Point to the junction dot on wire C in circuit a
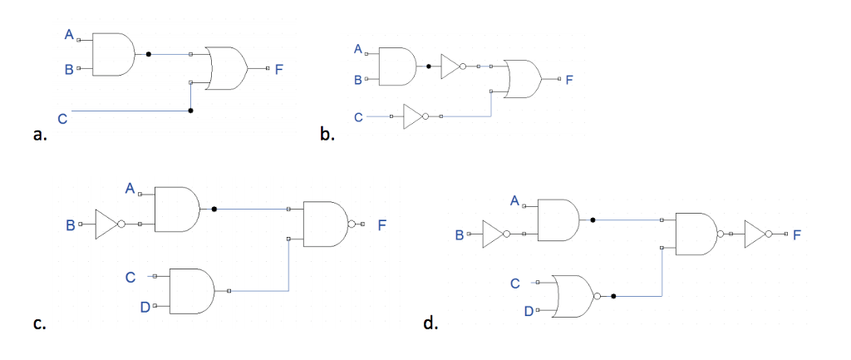190,110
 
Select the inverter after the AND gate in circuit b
452,67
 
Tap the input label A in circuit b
357,50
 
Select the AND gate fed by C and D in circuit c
190,291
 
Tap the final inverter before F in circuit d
758,234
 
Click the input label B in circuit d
459,235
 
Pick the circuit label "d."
430,323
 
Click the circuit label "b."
327,136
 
